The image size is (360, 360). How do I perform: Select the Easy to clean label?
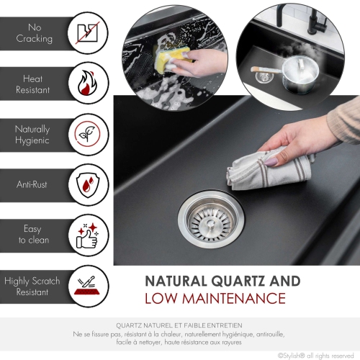[33, 235]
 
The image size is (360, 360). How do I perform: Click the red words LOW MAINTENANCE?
[215, 298]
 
